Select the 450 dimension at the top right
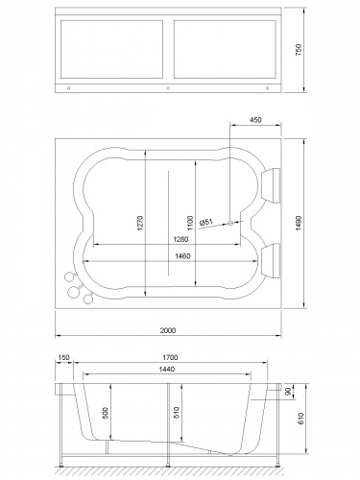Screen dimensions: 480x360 pyautogui.click(x=255, y=121)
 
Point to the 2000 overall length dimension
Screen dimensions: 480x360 pyautogui.click(x=167, y=330)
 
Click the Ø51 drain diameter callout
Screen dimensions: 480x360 pyautogui.click(x=206, y=222)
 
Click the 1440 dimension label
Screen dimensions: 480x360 pyautogui.click(x=169, y=369)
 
